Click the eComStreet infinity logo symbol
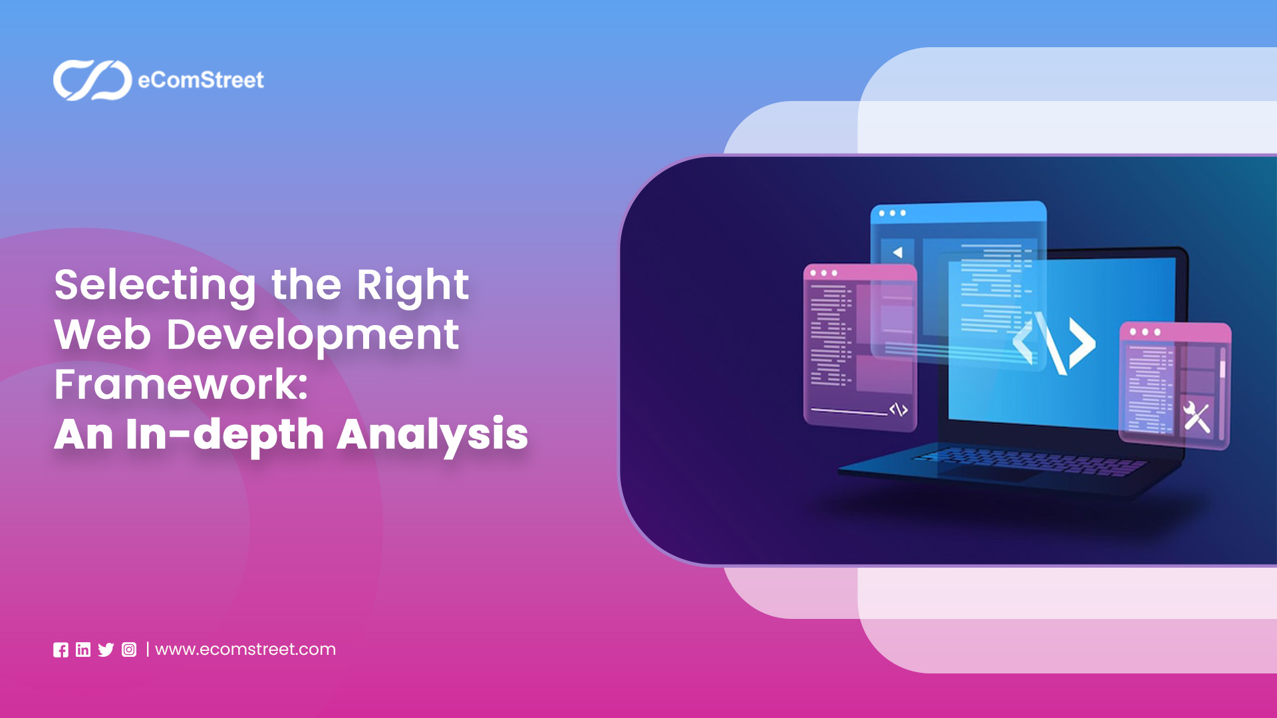92,80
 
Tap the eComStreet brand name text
201,80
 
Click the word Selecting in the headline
155,285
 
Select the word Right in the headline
412,285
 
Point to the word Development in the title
313,335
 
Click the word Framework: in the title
181,384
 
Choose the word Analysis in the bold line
432,435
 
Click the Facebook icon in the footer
61,650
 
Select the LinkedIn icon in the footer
83,650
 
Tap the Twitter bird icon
106,650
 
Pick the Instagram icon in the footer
129,650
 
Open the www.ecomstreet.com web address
245,650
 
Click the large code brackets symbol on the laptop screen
1054,343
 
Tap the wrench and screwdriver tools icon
1197,418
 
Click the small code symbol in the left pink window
899,410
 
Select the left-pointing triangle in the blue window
897,253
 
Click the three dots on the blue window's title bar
892,213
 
